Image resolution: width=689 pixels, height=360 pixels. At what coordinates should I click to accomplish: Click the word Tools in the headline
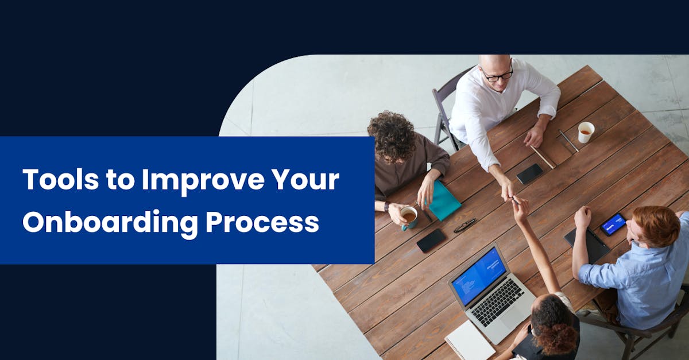tap(61, 179)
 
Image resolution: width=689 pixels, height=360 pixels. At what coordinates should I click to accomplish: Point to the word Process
tap(262, 222)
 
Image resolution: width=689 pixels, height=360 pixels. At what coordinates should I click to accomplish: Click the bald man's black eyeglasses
tap(497, 75)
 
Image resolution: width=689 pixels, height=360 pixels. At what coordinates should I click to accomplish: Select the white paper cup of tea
tap(586, 132)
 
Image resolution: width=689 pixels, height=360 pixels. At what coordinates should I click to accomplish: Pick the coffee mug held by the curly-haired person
tap(408, 218)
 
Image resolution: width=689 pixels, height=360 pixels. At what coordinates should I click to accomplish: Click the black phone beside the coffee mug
tap(431, 241)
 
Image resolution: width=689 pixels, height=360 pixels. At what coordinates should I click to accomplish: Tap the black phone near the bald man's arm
tap(529, 173)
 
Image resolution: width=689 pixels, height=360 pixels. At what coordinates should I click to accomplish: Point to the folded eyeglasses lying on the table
tap(465, 226)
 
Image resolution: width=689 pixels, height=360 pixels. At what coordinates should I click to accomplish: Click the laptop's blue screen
tap(479, 277)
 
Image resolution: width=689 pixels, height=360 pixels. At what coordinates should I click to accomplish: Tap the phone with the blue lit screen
tap(613, 224)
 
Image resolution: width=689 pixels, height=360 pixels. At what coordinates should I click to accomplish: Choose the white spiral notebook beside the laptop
tap(470, 342)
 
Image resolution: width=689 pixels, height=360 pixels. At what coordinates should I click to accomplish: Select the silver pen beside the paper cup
tap(569, 141)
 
